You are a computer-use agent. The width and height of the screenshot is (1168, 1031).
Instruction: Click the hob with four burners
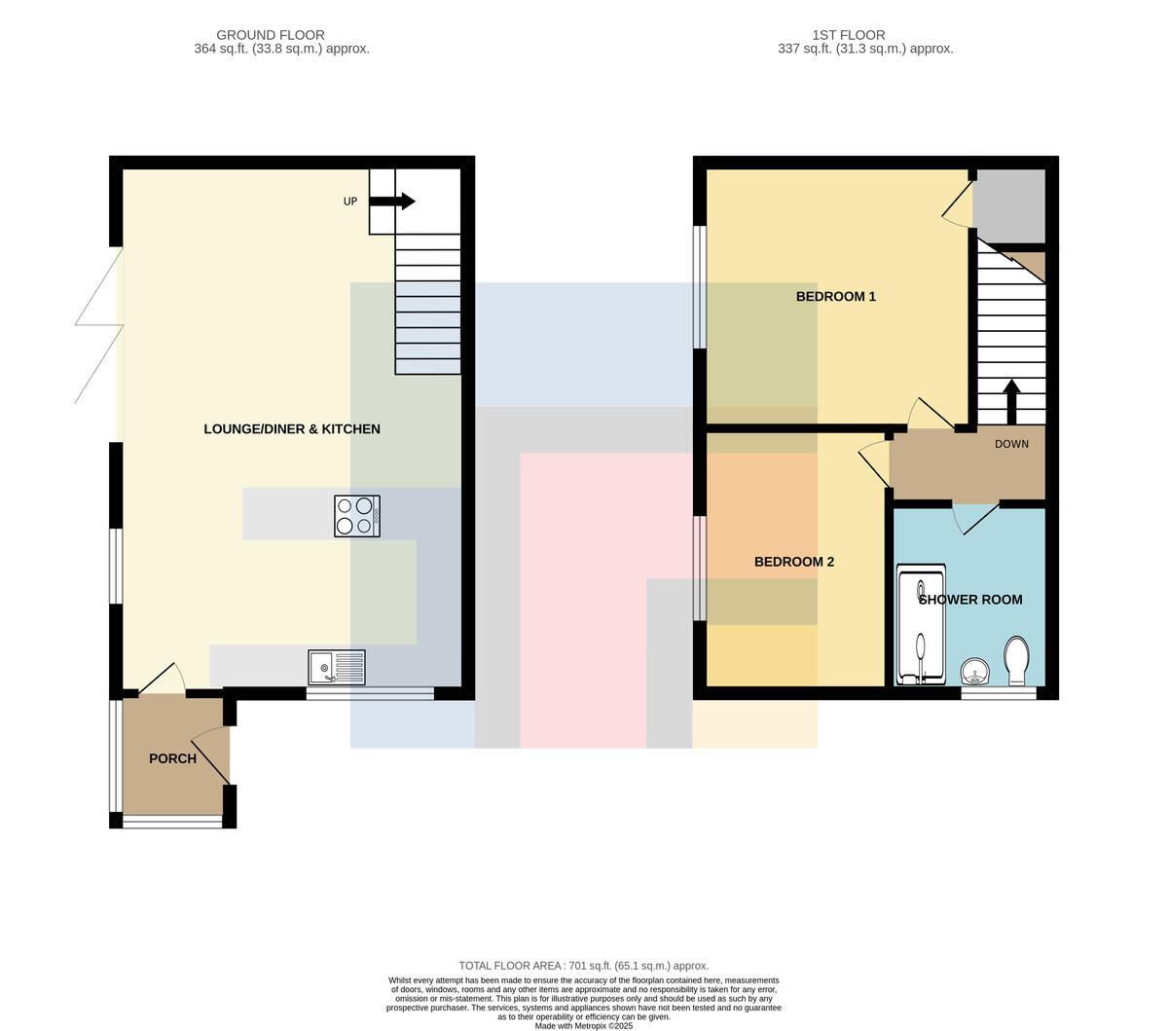coord(357,516)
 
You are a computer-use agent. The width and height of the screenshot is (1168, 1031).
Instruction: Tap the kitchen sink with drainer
coord(337,667)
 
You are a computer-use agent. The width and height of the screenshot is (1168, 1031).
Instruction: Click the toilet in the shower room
coord(1016,661)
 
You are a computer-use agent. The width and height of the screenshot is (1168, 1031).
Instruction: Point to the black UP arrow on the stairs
coord(391,202)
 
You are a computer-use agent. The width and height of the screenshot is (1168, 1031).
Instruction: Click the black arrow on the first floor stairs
coord(1011,401)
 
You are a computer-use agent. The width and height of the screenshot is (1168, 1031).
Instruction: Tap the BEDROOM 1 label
coord(835,296)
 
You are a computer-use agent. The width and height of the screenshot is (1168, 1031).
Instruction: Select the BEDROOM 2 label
coord(794,562)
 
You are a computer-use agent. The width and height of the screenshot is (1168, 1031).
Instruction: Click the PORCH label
coord(172,758)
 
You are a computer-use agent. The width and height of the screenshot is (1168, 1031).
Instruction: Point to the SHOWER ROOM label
coord(970,600)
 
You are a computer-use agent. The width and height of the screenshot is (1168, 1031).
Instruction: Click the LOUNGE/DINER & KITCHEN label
coord(292,429)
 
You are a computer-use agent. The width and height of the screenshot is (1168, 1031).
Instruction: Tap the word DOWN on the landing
coord(1011,444)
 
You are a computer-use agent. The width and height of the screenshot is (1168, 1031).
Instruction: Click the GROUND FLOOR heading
coord(271,35)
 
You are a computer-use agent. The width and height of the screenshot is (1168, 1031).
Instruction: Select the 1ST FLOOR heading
coord(849,35)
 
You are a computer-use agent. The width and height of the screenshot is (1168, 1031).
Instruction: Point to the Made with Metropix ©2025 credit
coord(583,1026)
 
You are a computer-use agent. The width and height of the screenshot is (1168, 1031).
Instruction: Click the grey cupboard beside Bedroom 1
coord(1010,205)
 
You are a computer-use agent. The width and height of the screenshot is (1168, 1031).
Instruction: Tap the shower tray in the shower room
coord(921,624)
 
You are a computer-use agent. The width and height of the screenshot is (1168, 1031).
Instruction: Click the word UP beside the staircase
coord(350,202)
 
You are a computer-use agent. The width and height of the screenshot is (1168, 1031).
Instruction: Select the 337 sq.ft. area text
coord(865,49)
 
